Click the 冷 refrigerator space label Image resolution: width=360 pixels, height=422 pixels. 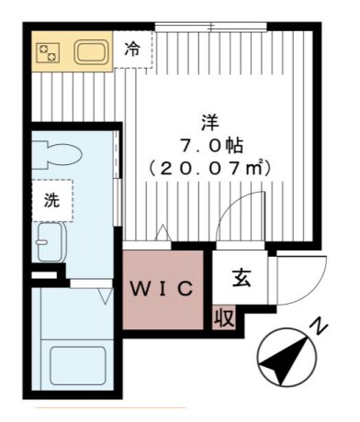133,50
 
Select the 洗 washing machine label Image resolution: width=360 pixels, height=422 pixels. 51,202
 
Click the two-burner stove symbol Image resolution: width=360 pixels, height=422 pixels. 47,51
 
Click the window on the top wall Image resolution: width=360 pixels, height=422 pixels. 214,25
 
